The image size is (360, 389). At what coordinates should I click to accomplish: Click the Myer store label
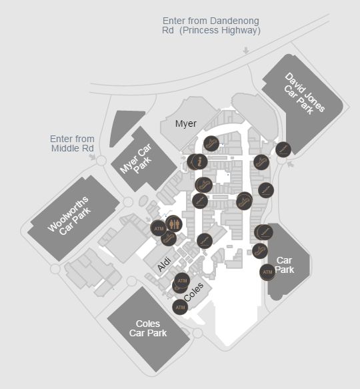click(186, 123)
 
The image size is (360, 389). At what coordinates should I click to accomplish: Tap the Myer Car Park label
click(136, 159)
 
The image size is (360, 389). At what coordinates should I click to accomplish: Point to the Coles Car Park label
click(148, 328)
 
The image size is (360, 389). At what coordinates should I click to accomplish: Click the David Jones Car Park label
click(304, 93)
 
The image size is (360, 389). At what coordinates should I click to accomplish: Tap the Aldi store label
click(165, 264)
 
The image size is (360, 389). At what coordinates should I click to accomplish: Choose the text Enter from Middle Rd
click(72, 143)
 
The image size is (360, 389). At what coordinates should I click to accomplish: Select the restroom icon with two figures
click(174, 224)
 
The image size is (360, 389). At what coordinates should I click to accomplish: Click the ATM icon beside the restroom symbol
click(159, 228)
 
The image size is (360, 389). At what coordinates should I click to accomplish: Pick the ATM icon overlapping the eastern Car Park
click(267, 272)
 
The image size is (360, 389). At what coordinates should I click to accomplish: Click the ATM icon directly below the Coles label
click(180, 307)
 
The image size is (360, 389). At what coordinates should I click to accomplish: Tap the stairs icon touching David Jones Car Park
click(283, 149)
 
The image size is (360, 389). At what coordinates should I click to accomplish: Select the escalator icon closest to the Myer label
click(211, 143)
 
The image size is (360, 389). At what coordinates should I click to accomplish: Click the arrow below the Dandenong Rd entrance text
click(246, 50)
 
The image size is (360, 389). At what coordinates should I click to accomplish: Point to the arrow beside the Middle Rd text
click(93, 157)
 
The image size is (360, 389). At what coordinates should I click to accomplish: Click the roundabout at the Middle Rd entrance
click(101, 161)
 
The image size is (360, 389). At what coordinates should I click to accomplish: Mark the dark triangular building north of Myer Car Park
click(125, 128)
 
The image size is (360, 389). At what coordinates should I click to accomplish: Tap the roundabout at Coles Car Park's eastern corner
click(197, 333)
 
